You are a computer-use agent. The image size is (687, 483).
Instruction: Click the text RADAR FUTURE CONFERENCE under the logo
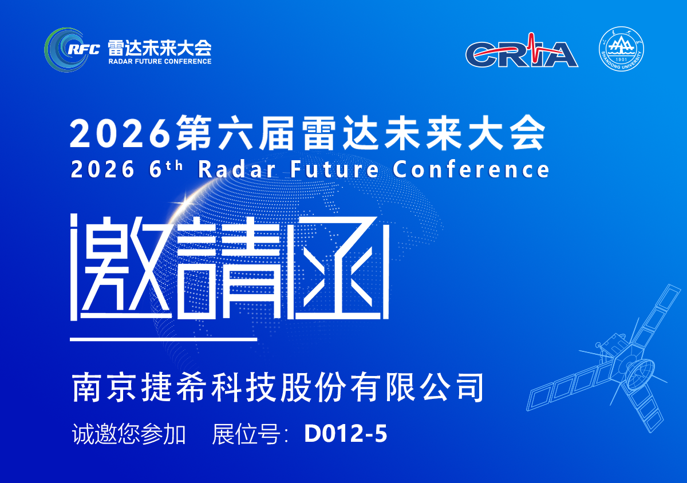(160, 61)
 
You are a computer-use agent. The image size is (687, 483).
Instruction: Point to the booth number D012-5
(346, 434)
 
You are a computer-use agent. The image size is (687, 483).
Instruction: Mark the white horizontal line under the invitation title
(163, 339)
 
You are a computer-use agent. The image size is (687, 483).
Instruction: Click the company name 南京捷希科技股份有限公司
(278, 388)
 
